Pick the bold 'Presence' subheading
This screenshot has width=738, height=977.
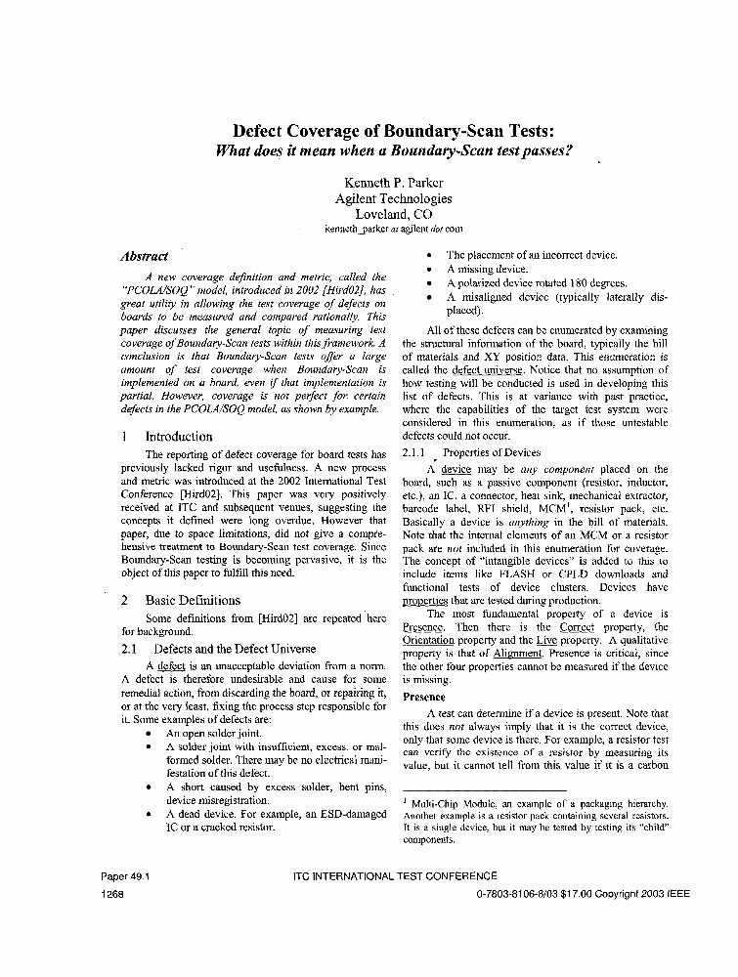click(x=424, y=697)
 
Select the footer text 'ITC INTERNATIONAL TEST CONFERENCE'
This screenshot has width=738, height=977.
click(x=394, y=876)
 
